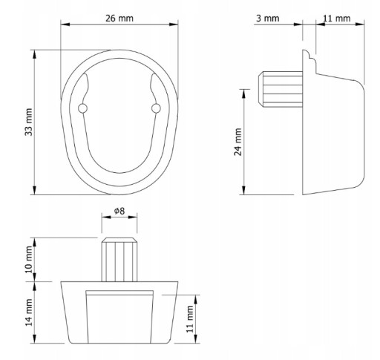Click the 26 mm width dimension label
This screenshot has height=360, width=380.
tap(119, 19)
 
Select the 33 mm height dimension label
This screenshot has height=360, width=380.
tap(29, 122)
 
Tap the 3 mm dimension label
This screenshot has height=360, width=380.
tap(268, 19)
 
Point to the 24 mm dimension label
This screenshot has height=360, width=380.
tap(237, 142)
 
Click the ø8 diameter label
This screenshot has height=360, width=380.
tap(119, 211)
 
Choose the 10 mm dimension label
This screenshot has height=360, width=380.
tap(29, 260)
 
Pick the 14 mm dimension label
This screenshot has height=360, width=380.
tap(29, 312)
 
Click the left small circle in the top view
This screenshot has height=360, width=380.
tap(82, 108)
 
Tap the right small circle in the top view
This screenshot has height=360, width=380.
tap(156, 108)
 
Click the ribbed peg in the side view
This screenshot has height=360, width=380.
tap(281, 89)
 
